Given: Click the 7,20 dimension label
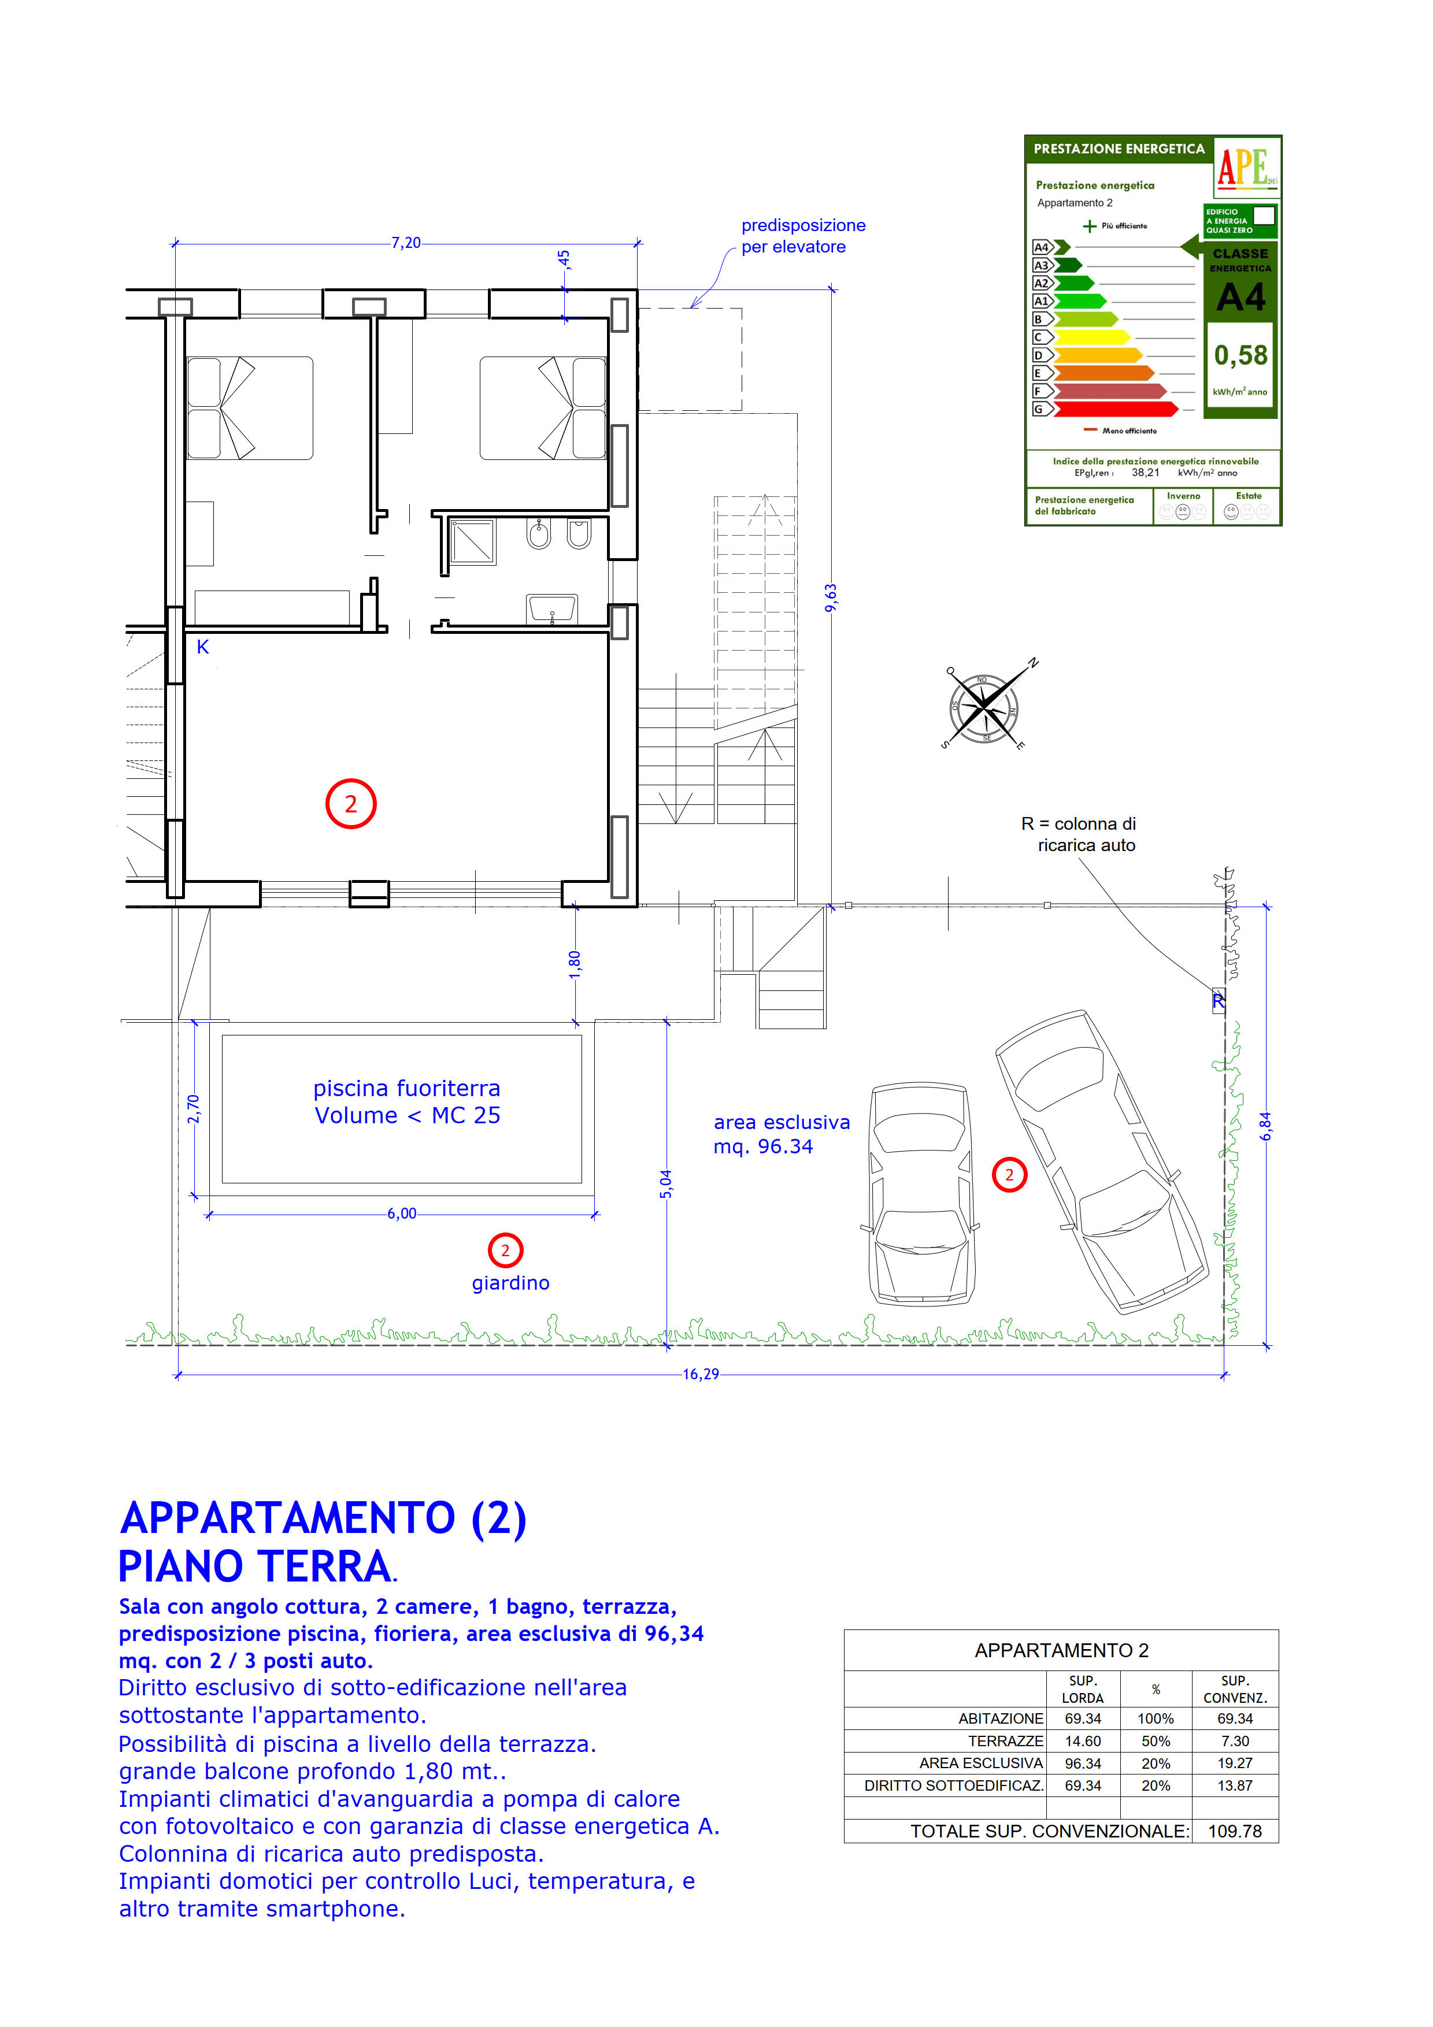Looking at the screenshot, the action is click(406, 243).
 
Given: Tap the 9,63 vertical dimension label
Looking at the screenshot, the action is click(831, 597).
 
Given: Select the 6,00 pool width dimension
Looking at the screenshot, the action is click(402, 1214).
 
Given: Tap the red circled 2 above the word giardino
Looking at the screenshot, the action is click(505, 1250).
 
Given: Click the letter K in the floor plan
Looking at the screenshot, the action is click(203, 647).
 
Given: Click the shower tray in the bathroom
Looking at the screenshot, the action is click(472, 541).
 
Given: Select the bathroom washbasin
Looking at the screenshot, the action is click(552, 609).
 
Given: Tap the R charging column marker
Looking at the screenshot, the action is click(1219, 1000).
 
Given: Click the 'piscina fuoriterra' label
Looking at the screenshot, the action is click(407, 1089).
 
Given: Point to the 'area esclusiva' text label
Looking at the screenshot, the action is click(782, 1122).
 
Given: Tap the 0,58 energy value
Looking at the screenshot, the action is click(1241, 355).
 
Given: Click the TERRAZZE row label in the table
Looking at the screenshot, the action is click(1006, 1741).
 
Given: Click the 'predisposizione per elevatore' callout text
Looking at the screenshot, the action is click(802, 236).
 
